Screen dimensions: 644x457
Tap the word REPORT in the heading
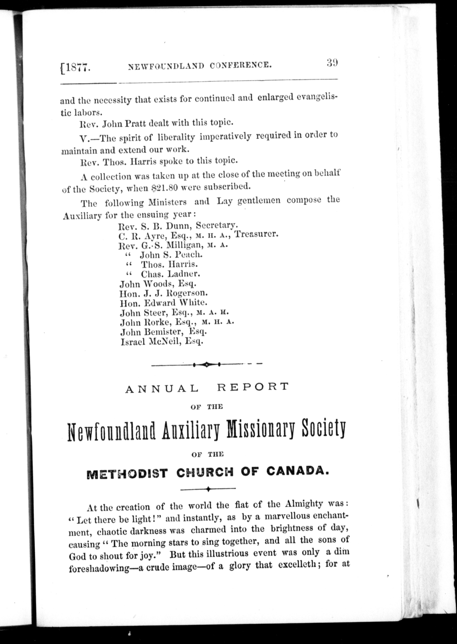pos(253,387)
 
